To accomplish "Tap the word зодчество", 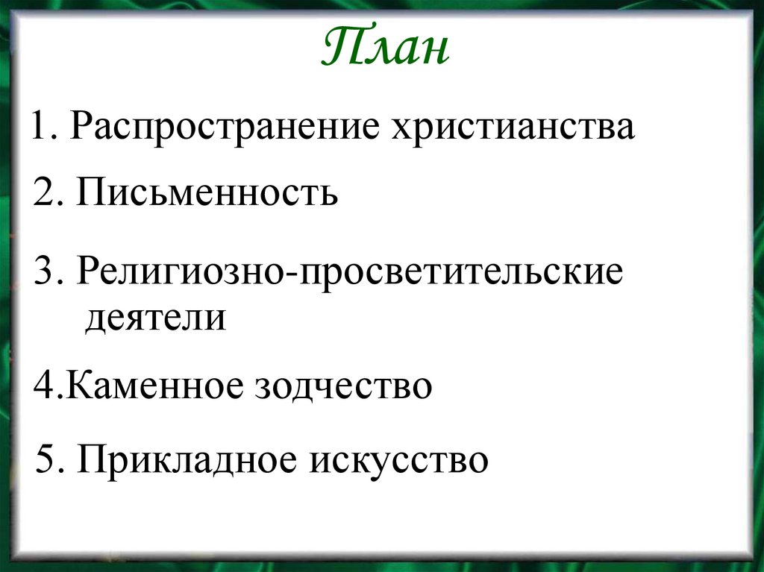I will pyautogui.click(x=344, y=387).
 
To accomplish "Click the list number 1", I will pyautogui.click(x=39, y=128).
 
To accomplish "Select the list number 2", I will pyautogui.click(x=43, y=194).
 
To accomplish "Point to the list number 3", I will pyautogui.click(x=43, y=273).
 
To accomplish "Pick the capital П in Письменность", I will pyautogui.click(x=88, y=193).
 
